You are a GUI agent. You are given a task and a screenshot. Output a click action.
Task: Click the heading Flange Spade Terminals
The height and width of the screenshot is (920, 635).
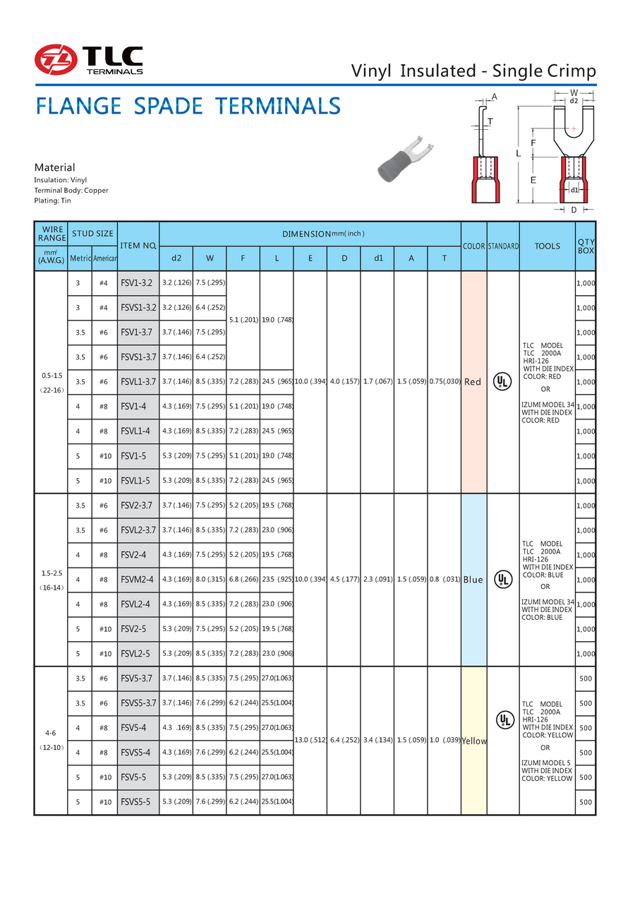(x=188, y=107)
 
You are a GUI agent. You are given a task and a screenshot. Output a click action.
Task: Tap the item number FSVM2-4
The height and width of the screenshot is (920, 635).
(x=138, y=580)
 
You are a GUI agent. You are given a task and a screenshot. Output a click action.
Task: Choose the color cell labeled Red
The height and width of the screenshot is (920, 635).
(x=473, y=382)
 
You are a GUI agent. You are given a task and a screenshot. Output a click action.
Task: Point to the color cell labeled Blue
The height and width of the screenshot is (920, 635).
(x=473, y=580)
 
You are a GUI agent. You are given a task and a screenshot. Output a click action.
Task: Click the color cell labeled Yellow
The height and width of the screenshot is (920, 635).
(x=474, y=741)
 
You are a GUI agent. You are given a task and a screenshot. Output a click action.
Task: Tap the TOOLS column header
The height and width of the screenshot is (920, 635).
(x=547, y=246)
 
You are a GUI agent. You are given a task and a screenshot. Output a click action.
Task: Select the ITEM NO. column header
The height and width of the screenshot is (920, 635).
(x=138, y=246)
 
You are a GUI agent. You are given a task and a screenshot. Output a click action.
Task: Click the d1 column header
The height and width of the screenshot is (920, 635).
(x=378, y=258)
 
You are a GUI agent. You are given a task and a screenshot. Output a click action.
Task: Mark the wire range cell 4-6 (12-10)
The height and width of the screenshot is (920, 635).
(x=51, y=741)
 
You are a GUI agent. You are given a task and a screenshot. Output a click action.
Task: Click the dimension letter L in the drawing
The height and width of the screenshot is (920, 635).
(x=518, y=153)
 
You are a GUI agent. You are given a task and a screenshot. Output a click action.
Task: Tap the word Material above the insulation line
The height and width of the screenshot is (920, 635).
(x=54, y=167)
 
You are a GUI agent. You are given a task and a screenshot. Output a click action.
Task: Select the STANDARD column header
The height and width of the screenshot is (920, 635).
(x=503, y=246)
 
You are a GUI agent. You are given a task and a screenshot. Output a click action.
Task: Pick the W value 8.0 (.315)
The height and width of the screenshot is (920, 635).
(x=210, y=580)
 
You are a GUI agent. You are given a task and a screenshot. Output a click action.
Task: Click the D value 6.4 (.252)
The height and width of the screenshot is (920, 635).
(x=344, y=741)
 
